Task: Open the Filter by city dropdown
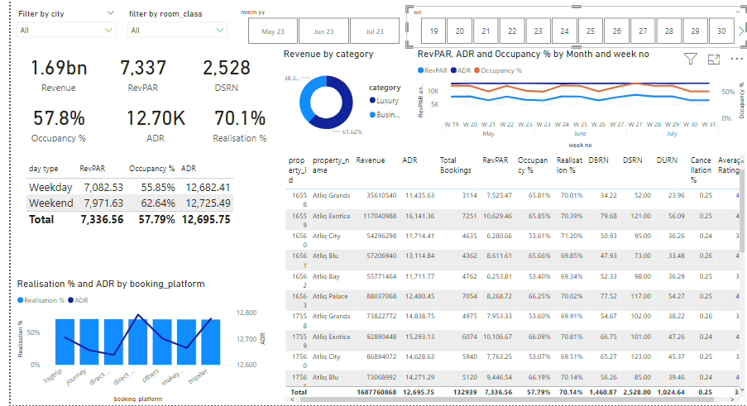click(x=66, y=31)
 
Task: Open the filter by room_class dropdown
click(x=177, y=31)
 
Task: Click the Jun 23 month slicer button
click(x=323, y=31)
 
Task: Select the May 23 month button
click(x=273, y=31)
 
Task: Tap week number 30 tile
click(x=721, y=31)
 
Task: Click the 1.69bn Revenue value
click(x=58, y=68)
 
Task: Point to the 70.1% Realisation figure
click(x=239, y=119)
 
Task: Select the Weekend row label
click(x=51, y=203)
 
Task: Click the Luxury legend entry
click(x=387, y=101)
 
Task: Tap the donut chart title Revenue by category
click(x=328, y=55)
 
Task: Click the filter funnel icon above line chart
click(x=690, y=59)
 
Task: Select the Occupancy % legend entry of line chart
click(x=500, y=71)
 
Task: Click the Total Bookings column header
click(x=455, y=165)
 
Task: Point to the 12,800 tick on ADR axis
click(x=247, y=313)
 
